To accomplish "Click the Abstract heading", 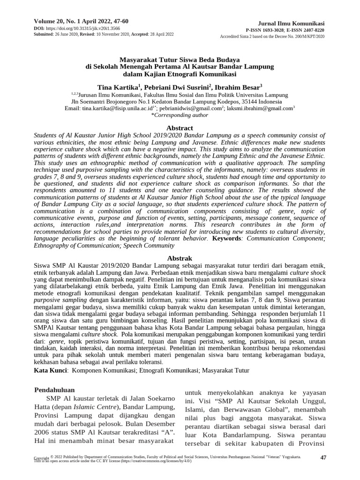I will (180, 128).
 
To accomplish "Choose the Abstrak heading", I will (180, 258).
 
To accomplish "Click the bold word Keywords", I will (226, 239).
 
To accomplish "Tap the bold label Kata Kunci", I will (50, 370).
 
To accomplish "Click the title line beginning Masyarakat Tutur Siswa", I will (180, 60).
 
